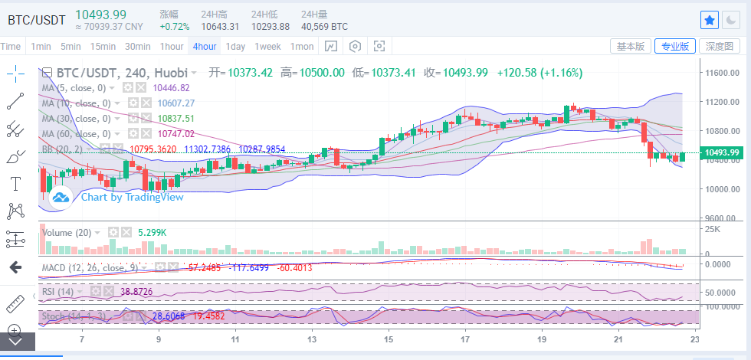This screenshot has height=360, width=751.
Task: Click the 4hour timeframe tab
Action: pyautogui.click(x=205, y=46)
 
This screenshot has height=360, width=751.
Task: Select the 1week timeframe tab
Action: pyautogui.click(x=267, y=46)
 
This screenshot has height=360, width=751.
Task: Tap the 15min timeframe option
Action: pyautogui.click(x=102, y=46)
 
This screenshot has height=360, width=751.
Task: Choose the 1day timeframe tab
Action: pyautogui.click(x=235, y=46)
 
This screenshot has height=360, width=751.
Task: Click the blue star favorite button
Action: pyautogui.click(x=710, y=19)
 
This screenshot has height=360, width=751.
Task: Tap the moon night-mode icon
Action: pyautogui.click(x=732, y=19)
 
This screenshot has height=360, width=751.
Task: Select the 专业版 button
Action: pyautogui.click(x=675, y=46)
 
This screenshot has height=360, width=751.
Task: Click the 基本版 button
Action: pyautogui.click(x=631, y=46)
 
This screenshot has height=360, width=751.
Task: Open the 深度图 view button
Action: pyautogui.click(x=720, y=46)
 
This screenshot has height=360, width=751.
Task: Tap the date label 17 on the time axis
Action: pyautogui.click(x=465, y=339)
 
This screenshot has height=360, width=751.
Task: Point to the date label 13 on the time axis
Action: pyautogui.click(x=312, y=339)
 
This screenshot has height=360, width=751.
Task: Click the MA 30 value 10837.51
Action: pyautogui.click(x=176, y=119)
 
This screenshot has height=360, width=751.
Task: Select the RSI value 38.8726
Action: pyautogui.click(x=137, y=291)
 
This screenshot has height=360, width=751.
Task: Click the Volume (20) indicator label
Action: pyautogui.click(x=67, y=232)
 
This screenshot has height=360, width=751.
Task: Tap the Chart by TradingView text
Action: pyautogui.click(x=133, y=197)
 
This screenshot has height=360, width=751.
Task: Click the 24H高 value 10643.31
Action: pyautogui.click(x=218, y=26)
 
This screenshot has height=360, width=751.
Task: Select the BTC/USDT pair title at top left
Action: pyautogui.click(x=36, y=19)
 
